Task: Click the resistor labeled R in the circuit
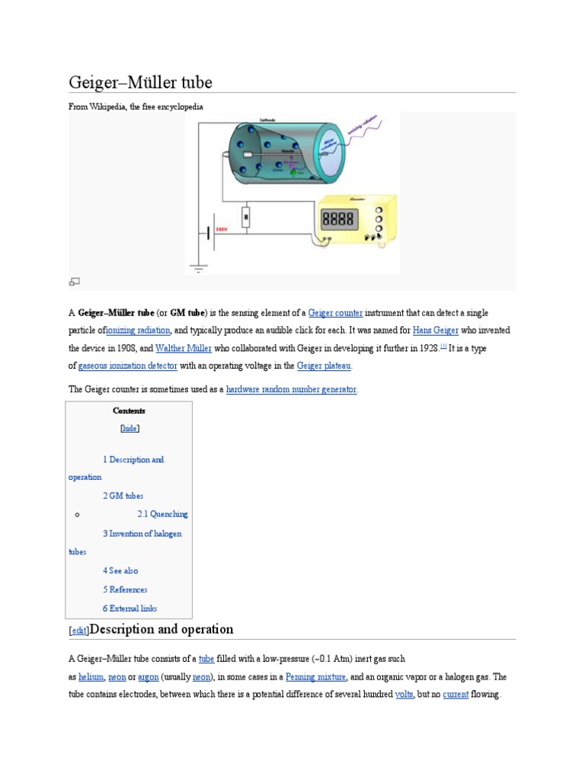click(246, 218)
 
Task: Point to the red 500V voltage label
click(222, 229)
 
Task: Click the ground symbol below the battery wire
click(199, 267)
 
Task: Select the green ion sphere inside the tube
click(292, 173)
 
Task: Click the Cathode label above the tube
click(267, 120)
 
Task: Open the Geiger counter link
click(335, 313)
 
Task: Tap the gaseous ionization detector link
click(128, 366)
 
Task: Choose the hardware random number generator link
click(291, 389)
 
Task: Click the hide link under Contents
click(130, 428)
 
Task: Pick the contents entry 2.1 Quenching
click(162, 514)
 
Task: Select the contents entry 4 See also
click(120, 571)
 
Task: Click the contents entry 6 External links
click(129, 608)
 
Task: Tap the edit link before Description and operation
click(78, 631)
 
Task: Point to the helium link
click(91, 676)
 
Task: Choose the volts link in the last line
click(404, 695)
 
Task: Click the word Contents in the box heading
click(129, 411)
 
